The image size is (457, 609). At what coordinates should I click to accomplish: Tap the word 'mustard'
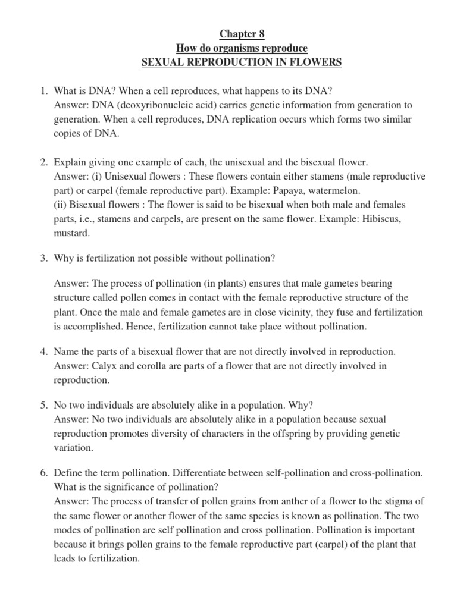(x=71, y=234)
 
